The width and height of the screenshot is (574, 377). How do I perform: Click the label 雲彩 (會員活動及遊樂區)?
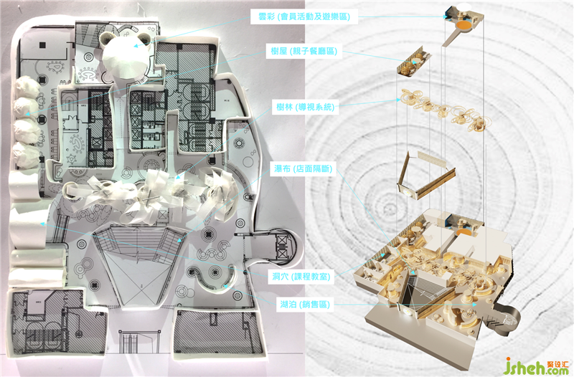click(304, 16)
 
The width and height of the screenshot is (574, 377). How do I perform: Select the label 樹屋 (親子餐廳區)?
click(304, 51)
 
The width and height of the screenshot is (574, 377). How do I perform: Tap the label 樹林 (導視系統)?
click(306, 107)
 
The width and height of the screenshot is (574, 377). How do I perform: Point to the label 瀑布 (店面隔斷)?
click(304, 168)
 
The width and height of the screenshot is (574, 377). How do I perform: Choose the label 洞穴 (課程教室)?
click(301, 277)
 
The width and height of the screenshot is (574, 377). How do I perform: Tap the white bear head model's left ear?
click(107, 38)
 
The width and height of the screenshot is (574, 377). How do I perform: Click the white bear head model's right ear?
click(143, 38)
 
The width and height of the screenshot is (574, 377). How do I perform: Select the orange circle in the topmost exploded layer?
click(463, 25)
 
